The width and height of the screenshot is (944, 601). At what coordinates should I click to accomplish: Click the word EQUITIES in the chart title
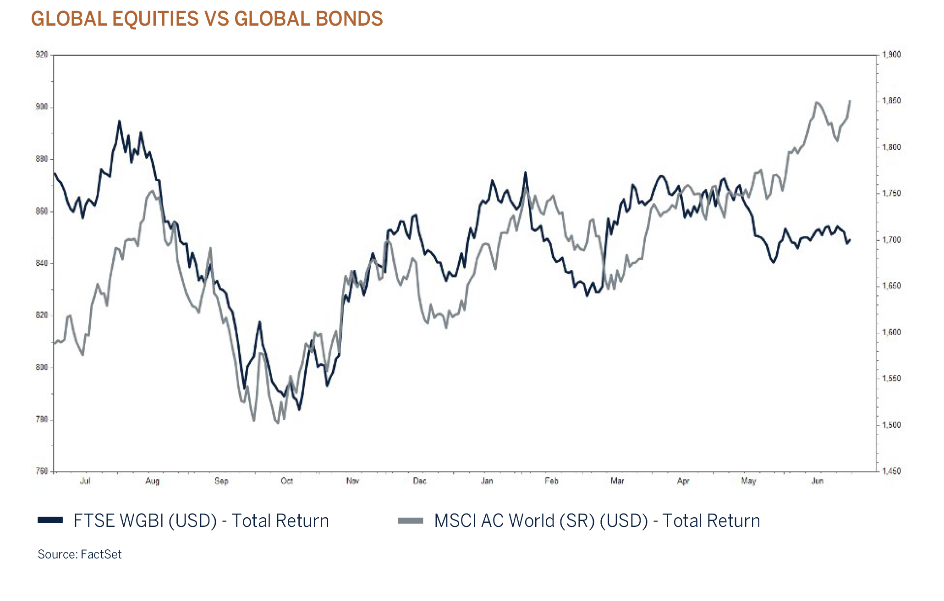pos(155,19)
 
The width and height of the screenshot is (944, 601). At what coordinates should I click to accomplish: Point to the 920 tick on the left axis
pos(42,54)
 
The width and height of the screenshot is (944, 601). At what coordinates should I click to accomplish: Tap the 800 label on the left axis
pos(42,367)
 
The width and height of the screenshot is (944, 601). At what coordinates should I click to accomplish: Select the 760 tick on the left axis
pos(42,471)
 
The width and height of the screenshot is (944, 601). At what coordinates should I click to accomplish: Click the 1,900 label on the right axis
pos(891,54)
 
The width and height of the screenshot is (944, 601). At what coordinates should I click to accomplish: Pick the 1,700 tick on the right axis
pos(891,240)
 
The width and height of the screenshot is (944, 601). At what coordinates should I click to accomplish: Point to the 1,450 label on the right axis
pos(891,471)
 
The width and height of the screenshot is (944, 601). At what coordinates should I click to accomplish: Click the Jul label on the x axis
pos(85,481)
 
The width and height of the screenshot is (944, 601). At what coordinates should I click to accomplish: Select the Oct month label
pos(286,481)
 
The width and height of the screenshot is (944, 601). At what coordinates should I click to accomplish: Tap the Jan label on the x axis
pos(487,481)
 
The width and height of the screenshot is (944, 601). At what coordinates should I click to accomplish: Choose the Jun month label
pos(818,481)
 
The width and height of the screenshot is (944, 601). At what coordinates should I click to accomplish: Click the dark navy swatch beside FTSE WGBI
pos(50,520)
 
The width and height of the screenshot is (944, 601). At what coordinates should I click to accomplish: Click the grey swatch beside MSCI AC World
pos(411,521)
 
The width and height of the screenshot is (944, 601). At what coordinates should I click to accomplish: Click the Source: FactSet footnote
pos(79,554)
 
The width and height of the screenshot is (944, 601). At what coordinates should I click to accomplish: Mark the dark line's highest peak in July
pos(120,122)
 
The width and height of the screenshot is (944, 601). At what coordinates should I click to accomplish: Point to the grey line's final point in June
pos(850,101)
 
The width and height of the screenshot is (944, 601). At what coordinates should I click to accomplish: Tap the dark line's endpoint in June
pos(850,240)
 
